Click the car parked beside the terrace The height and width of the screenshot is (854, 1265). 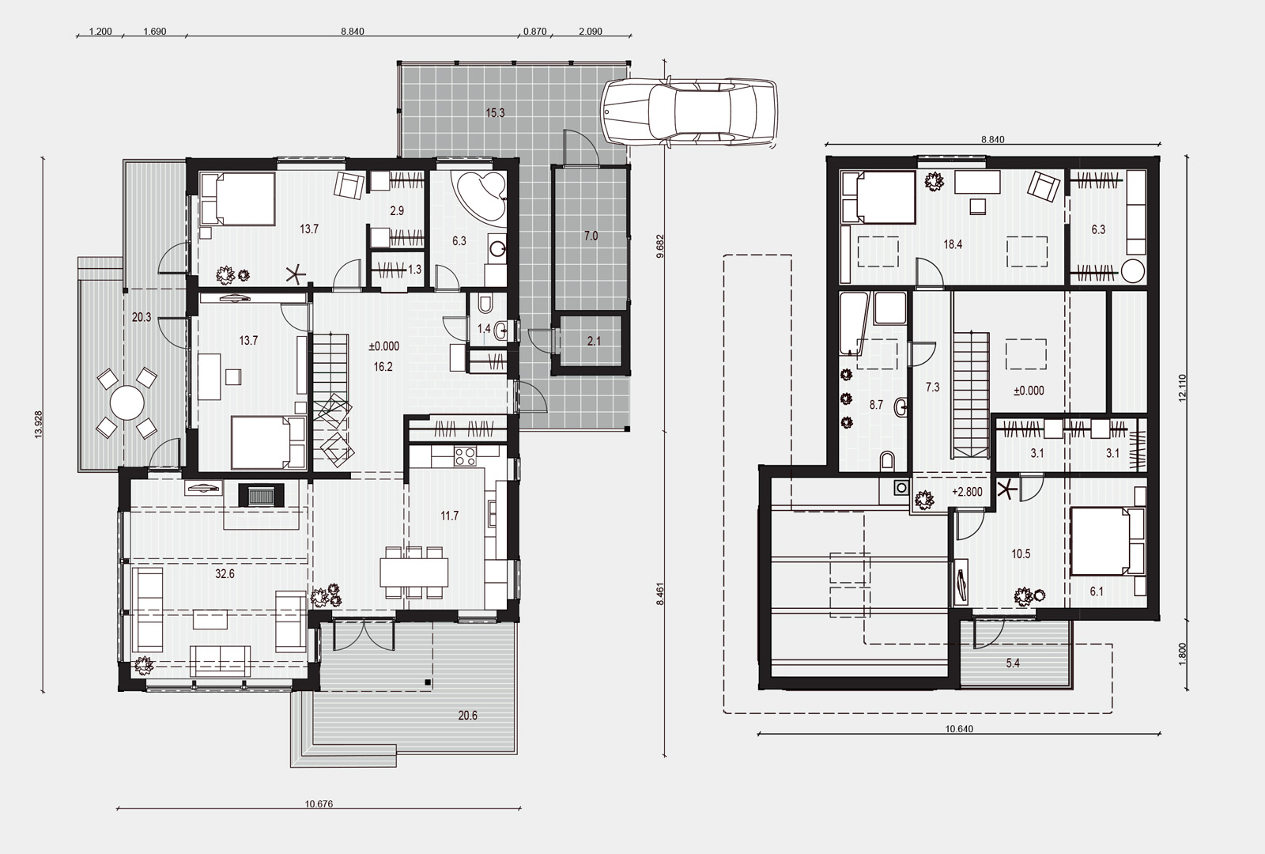(x=689, y=111)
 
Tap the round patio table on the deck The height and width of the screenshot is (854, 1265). (x=127, y=402)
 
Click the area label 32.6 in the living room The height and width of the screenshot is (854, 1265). (x=225, y=574)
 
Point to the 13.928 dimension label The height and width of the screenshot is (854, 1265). (x=39, y=425)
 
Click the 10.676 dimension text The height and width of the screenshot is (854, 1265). (x=319, y=804)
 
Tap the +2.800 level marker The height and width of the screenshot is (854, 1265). (x=967, y=492)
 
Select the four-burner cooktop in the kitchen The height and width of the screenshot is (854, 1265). (x=466, y=456)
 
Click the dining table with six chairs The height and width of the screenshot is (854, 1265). (x=414, y=572)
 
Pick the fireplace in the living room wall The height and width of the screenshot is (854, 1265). (x=261, y=495)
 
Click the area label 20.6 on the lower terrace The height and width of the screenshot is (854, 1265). (x=467, y=716)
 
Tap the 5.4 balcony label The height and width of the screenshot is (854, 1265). (x=1013, y=663)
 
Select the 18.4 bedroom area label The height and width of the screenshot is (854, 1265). (x=953, y=244)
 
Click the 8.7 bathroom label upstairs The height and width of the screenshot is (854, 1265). (x=876, y=405)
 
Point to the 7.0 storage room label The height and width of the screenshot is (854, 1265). (x=591, y=236)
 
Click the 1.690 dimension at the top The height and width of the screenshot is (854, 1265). (x=155, y=32)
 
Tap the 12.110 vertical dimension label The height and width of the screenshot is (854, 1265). (x=1183, y=387)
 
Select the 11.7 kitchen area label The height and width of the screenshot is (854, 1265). (x=450, y=516)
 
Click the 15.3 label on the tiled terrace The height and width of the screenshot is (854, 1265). (x=495, y=113)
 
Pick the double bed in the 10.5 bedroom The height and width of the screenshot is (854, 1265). (x=1107, y=542)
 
